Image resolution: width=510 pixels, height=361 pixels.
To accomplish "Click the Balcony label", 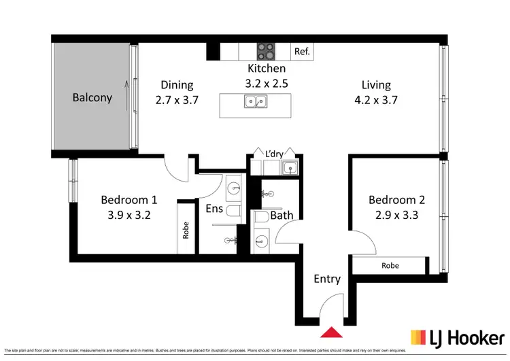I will click(92, 97).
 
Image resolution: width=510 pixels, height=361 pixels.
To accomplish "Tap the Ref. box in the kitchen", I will click(302, 51).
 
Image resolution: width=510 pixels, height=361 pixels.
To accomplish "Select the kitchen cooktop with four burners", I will click(265, 51).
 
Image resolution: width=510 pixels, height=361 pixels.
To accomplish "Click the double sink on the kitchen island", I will click(256, 102).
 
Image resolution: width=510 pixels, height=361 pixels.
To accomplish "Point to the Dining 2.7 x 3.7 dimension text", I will click(177, 100).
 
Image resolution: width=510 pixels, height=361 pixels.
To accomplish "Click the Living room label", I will click(376, 85).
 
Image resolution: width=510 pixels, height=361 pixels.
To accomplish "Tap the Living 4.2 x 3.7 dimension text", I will click(376, 100).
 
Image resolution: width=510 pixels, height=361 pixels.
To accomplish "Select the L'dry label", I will click(274, 154).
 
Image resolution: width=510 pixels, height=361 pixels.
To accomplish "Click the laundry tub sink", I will click(291, 167).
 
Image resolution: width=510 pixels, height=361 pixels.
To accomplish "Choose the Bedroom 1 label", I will click(129, 200).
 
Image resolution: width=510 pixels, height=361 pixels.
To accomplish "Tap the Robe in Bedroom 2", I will click(390, 265).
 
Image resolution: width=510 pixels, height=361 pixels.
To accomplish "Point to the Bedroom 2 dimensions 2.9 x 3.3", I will click(397, 215).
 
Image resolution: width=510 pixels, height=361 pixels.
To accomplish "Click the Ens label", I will click(215, 209).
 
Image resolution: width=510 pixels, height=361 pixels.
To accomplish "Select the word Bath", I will click(282, 216).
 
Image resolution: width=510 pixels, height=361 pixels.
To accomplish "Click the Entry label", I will click(327, 279).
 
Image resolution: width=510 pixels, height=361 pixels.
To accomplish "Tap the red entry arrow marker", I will click(331, 332).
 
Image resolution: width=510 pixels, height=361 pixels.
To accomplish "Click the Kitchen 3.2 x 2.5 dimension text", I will click(266, 83).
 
